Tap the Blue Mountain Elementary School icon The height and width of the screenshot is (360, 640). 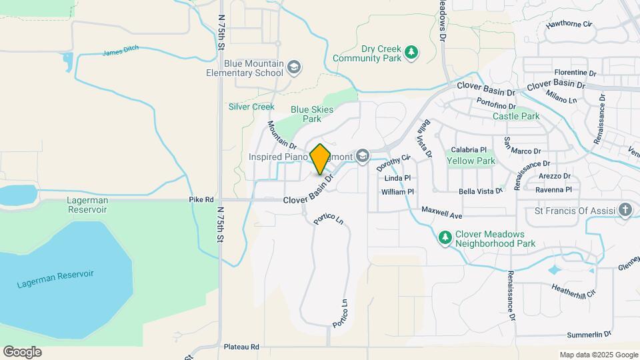click(294, 67)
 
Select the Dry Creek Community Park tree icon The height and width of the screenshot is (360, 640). click(412, 53)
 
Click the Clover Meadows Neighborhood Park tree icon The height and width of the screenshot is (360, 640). click(445, 237)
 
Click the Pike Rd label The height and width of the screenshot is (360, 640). click(201, 199)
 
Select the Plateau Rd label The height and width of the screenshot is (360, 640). click(241, 347)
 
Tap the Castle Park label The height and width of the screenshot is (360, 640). click(516, 116)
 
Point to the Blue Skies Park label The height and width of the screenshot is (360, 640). click(307, 114)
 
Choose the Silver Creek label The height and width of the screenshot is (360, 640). click(251, 107)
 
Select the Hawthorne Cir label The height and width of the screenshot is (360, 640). click(569, 25)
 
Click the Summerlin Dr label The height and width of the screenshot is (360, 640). click(589, 334)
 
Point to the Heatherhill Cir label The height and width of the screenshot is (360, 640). click(573, 291)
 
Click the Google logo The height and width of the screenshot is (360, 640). click(22, 352)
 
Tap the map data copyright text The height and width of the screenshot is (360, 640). click(599, 355)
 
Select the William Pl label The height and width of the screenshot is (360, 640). click(397, 192)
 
